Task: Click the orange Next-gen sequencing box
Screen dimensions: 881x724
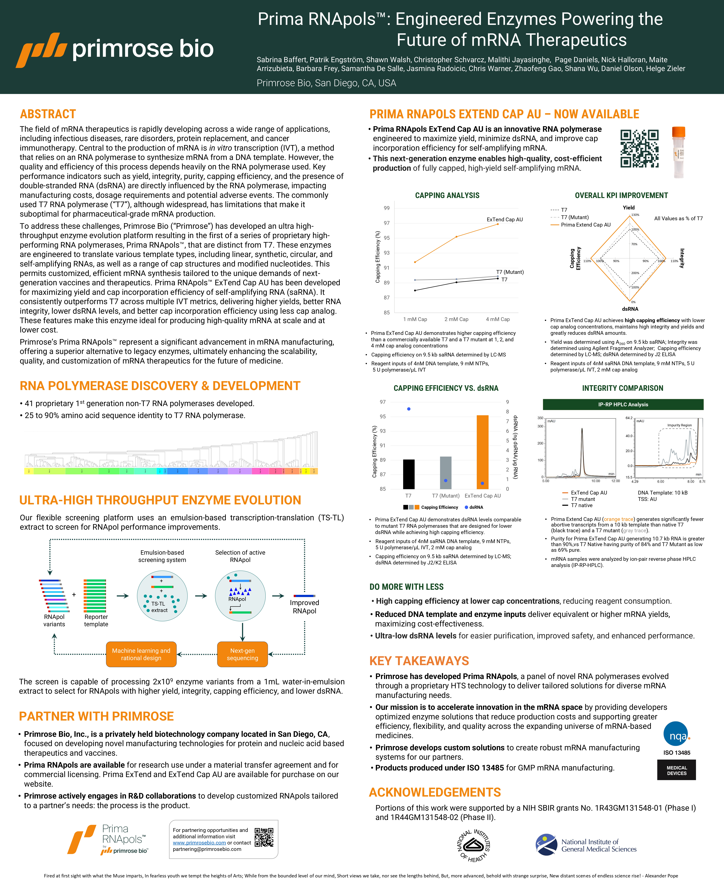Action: coord(242,654)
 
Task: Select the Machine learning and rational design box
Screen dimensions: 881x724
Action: coord(141,654)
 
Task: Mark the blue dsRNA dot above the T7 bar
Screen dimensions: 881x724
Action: coord(409,409)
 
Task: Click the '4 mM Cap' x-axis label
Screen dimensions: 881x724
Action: coord(498,319)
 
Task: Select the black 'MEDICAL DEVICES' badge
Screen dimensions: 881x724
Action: coord(676,770)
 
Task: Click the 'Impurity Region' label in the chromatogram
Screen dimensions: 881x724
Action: coord(679,425)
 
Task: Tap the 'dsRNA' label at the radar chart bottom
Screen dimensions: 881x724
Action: coord(630,309)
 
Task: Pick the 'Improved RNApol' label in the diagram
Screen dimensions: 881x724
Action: coord(304,607)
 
